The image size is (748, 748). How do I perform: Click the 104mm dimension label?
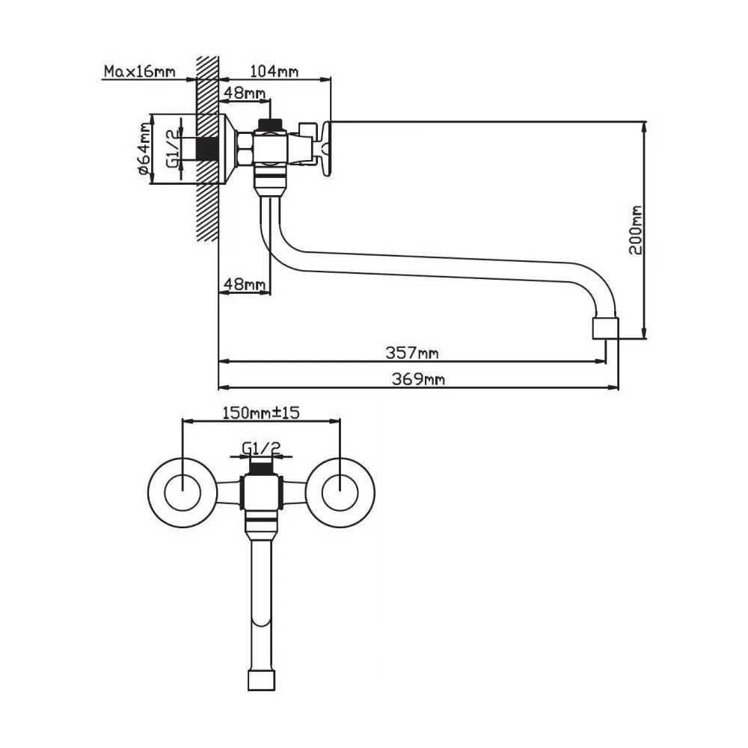point(275,71)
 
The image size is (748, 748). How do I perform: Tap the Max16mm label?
point(139,72)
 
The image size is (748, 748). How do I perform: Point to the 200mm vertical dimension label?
point(636,230)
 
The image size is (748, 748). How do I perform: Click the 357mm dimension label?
point(411,352)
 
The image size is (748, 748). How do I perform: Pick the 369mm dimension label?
point(419,379)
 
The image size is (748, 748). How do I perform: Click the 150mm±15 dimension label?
point(261,412)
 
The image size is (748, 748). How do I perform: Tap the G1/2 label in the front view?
point(261,448)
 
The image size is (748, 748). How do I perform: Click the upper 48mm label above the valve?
point(245,93)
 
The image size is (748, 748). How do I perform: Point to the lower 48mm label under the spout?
point(245,284)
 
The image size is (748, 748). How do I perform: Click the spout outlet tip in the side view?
point(605,328)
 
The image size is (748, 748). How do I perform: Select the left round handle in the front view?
point(183,491)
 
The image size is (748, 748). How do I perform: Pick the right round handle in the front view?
point(340,491)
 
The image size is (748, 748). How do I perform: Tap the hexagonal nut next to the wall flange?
point(245,148)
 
